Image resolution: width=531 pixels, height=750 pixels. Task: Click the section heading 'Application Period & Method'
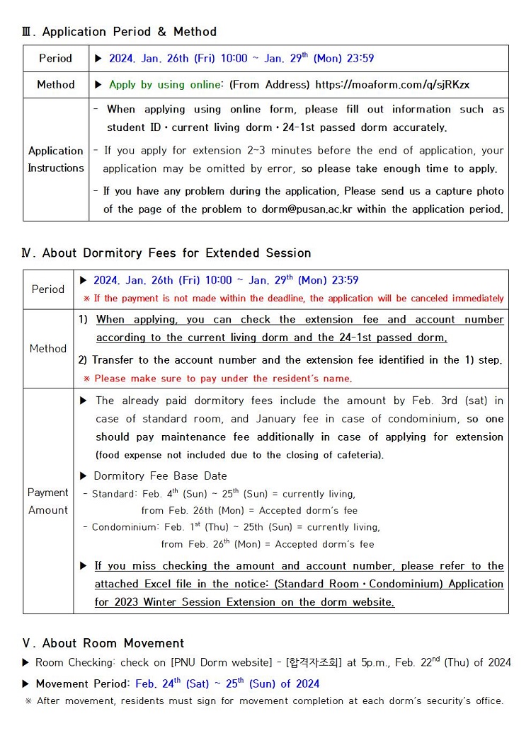[129, 32]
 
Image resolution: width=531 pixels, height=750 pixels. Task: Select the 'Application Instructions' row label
[56, 159]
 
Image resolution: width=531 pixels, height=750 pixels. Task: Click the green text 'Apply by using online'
[164, 85]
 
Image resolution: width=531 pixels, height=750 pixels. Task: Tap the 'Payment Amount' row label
[48, 501]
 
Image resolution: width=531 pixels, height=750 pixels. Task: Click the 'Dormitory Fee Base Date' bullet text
[160, 476]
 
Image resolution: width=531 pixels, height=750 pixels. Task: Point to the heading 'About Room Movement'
[113, 643]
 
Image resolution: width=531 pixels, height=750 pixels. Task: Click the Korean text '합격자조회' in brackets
[315, 663]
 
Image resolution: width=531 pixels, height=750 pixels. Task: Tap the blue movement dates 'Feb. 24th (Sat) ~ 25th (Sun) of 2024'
[227, 683]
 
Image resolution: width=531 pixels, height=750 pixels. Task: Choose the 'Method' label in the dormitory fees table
[48, 349]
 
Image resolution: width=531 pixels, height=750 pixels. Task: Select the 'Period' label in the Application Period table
[56, 59]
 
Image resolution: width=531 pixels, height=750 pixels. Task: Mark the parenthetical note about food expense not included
[239, 455]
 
